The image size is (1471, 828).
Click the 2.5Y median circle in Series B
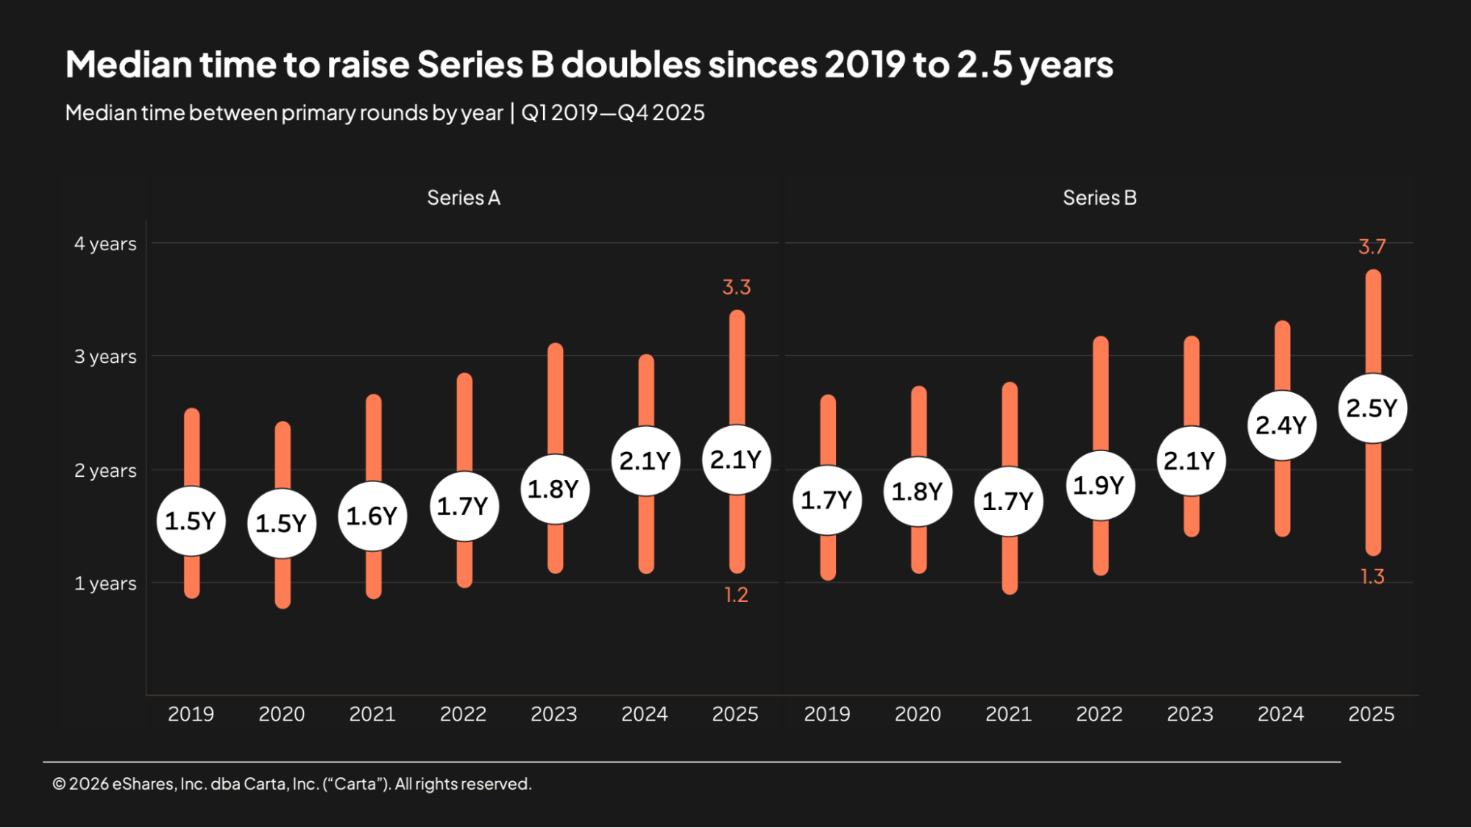1372,408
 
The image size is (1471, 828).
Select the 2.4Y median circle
1281,425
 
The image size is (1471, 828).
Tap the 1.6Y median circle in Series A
372,516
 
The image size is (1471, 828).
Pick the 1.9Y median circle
1099,486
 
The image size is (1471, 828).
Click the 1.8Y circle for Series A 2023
554,489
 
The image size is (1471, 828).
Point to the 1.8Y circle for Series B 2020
918,492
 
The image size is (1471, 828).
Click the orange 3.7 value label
1372,247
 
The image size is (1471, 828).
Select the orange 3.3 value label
737,287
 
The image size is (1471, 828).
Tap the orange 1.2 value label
736,595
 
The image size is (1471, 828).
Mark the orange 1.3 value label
1372,576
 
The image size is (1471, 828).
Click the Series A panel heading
464,198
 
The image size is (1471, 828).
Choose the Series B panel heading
1099,198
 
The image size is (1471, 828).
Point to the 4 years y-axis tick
105,244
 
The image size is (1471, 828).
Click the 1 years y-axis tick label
105,584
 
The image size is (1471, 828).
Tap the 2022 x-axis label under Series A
463,714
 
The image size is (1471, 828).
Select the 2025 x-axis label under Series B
1371,714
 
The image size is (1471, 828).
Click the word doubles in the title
631,65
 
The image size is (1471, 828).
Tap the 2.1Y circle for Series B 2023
1190,461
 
